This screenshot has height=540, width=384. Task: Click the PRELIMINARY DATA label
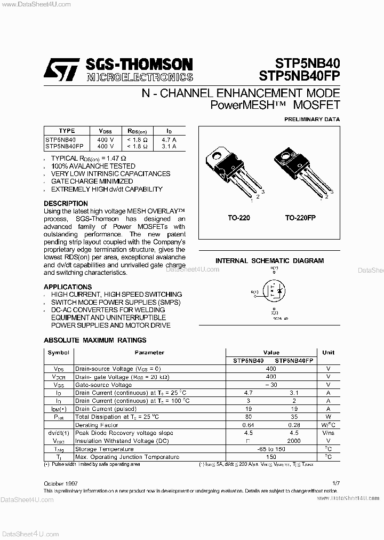pos(311,120)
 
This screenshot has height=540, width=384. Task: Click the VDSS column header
pos(106,131)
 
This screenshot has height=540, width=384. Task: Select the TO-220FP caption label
pos(301,218)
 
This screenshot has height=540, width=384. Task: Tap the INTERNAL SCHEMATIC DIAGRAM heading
pos(269,261)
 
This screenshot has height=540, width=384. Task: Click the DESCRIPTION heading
pos(66,203)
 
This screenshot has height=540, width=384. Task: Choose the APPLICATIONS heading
pos(68,287)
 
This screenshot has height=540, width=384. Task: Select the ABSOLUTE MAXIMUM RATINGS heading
pos(95,340)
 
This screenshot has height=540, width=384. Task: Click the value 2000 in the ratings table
pos(293,441)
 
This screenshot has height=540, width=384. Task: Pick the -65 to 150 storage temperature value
pos(271,449)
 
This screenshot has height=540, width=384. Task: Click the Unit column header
pos(329,353)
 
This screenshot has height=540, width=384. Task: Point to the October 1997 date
pos(60,483)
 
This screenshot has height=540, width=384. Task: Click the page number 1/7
pos(335,483)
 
